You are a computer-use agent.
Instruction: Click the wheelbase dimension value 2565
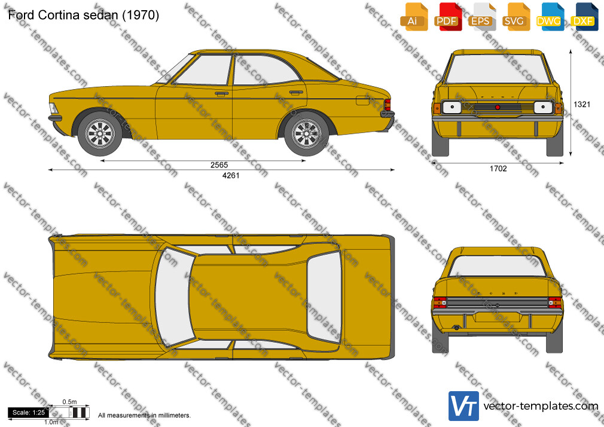219,165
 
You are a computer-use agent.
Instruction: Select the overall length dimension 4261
231,175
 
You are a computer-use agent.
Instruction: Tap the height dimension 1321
582,104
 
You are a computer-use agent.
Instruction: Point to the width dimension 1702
498,169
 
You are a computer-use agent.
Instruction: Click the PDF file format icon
447,17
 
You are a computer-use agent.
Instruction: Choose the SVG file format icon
515,17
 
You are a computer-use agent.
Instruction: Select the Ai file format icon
414,17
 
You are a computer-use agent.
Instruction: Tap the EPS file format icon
481,17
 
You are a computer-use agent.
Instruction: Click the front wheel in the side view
100,134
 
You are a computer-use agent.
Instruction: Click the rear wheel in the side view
307,134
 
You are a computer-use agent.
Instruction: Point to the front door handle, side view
221,94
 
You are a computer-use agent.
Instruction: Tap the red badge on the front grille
498,107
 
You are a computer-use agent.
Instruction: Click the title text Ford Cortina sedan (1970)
84,15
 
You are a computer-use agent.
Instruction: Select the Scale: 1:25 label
29,413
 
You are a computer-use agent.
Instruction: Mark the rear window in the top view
324,297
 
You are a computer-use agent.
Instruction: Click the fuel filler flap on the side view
363,100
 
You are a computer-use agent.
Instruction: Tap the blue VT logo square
464,406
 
